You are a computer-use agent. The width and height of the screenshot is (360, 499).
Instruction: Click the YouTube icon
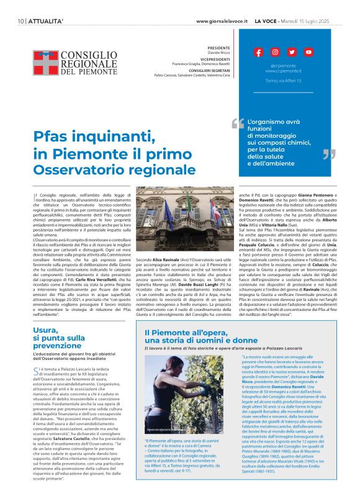pos(308,52)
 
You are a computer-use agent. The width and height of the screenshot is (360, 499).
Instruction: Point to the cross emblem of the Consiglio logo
pos(45,63)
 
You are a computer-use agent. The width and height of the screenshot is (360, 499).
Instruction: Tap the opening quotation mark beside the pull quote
pos(237,123)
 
